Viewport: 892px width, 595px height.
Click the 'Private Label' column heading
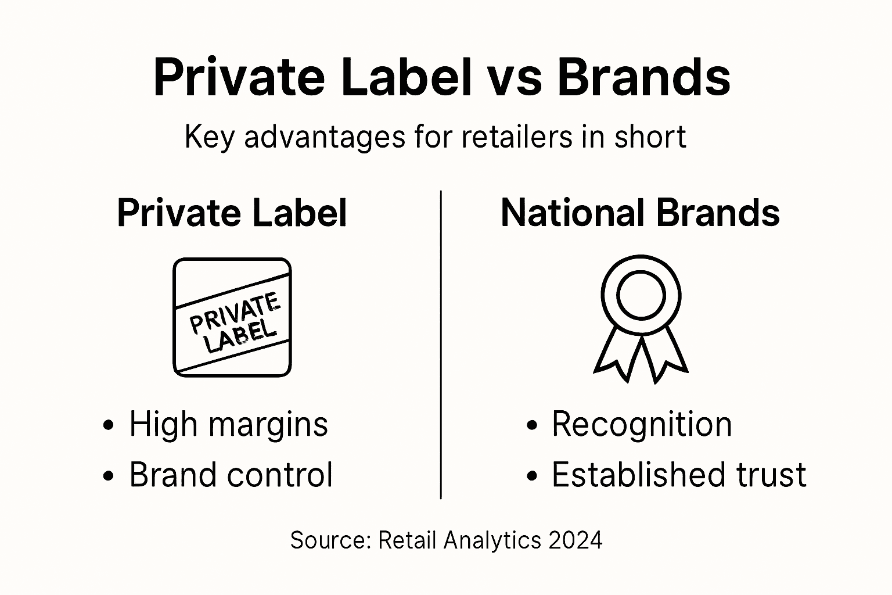(x=232, y=213)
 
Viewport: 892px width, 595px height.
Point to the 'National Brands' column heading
(x=640, y=213)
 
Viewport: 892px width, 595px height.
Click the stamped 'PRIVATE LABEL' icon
(x=232, y=317)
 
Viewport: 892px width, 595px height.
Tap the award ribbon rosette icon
(x=641, y=318)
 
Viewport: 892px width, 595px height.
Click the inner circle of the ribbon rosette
(x=641, y=295)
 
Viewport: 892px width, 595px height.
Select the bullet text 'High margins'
(x=228, y=424)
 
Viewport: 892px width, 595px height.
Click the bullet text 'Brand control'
(x=231, y=475)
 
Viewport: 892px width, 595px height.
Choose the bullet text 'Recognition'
(x=641, y=424)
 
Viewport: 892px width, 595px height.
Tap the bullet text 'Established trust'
(x=678, y=475)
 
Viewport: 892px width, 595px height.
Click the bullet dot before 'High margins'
(x=107, y=425)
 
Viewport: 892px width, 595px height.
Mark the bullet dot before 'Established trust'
(x=531, y=476)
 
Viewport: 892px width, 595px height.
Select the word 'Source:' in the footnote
(x=330, y=540)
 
